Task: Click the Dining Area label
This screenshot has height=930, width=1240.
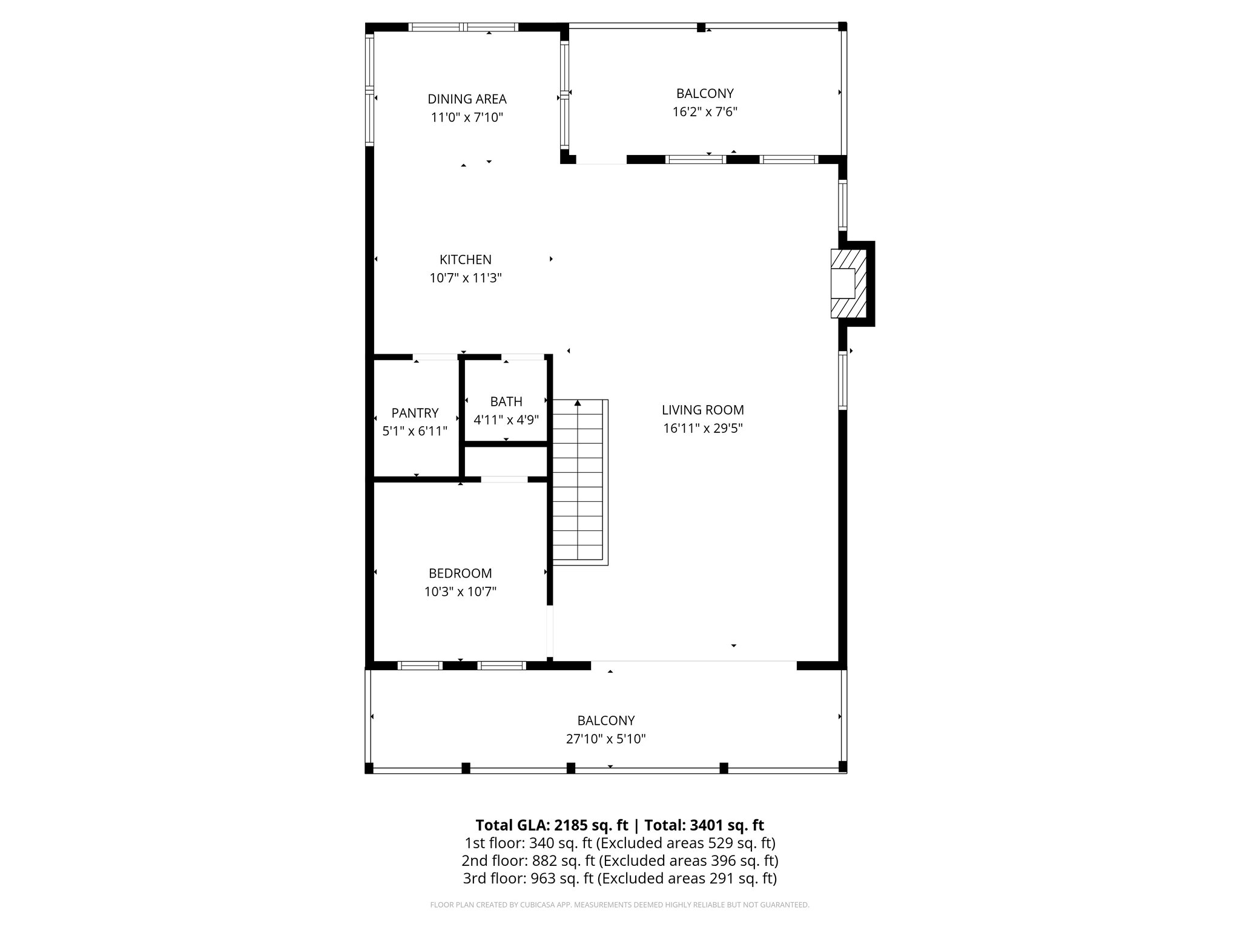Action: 467,99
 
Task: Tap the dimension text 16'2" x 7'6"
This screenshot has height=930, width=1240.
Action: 705,112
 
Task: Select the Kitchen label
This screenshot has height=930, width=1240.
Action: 465,260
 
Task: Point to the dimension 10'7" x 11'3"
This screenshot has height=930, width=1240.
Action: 466,279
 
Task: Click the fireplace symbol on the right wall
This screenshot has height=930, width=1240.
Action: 843,283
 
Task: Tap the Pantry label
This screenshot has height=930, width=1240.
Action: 415,413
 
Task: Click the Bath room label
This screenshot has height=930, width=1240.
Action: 506,401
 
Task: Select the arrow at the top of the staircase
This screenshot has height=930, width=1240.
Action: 578,403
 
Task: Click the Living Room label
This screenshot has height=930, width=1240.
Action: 702,410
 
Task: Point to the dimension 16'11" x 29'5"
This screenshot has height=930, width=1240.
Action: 702,429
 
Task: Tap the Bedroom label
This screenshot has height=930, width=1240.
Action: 460,573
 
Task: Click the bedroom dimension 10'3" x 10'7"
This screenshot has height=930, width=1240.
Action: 460,592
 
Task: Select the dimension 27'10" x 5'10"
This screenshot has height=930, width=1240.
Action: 605,739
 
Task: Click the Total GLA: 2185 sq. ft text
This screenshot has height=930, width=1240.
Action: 553,825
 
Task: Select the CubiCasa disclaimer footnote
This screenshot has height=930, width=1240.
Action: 619,905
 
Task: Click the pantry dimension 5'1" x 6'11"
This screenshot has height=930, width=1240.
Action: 415,432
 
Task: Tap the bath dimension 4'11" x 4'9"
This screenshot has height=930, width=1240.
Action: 506,420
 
